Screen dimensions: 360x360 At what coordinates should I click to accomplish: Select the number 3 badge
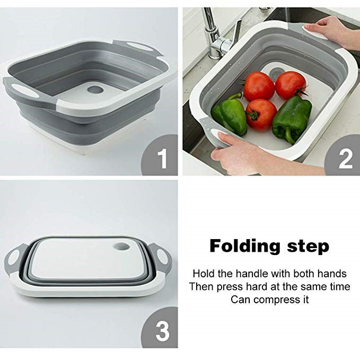[x=161, y=330]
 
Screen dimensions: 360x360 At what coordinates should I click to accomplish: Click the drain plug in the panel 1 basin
[x=94, y=89]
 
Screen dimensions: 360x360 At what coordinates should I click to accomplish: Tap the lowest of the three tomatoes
[x=261, y=115]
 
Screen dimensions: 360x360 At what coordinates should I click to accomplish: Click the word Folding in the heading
[x=245, y=247]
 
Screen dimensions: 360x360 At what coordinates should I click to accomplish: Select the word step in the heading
[x=308, y=247]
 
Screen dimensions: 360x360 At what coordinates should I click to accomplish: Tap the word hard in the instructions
[x=255, y=286]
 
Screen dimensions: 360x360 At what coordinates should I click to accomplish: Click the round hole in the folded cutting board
[x=122, y=247]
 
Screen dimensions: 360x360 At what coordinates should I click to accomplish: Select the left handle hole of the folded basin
[x=14, y=259]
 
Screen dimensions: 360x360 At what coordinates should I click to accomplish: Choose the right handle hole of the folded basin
[x=163, y=257]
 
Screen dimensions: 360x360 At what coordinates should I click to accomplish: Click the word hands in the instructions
[x=332, y=274]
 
